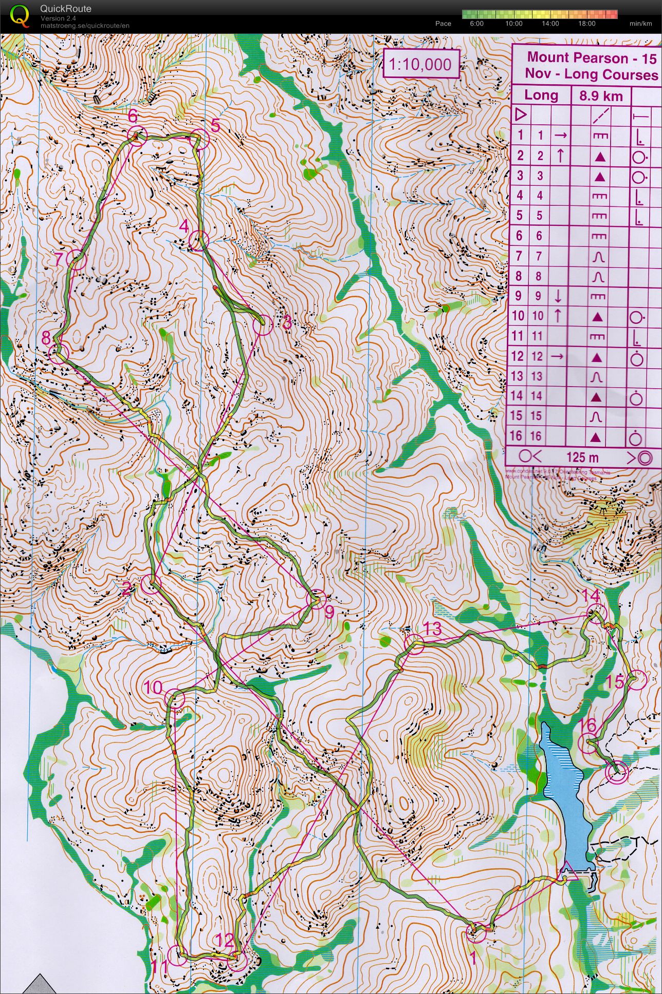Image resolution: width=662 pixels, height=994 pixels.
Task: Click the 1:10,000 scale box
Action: pyautogui.click(x=420, y=64)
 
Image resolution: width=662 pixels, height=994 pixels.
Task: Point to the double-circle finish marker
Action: pyautogui.click(x=616, y=772)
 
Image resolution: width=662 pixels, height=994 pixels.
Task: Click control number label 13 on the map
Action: pyautogui.click(x=433, y=628)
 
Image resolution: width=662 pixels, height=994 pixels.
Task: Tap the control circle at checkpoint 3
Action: pyautogui.click(x=262, y=326)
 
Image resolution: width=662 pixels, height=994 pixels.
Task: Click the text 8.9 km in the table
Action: pyautogui.click(x=600, y=95)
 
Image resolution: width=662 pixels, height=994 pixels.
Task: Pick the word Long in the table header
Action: pyautogui.click(x=541, y=95)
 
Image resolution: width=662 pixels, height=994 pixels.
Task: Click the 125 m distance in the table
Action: pyautogui.click(x=582, y=457)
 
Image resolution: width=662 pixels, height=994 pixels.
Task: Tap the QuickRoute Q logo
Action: pyautogui.click(x=20, y=15)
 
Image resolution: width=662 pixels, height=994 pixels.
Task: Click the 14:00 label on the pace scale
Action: pyautogui.click(x=550, y=24)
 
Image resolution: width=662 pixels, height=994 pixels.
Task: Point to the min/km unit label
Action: pyautogui.click(x=640, y=24)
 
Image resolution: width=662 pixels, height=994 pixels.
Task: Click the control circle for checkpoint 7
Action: pyautogui.click(x=76, y=260)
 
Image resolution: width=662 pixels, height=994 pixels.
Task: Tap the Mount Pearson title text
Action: pyautogui.click(x=577, y=58)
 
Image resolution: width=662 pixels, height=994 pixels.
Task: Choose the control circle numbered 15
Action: pyautogui.click(x=636, y=680)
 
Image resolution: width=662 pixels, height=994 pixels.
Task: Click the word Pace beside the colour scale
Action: pyautogui.click(x=443, y=24)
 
